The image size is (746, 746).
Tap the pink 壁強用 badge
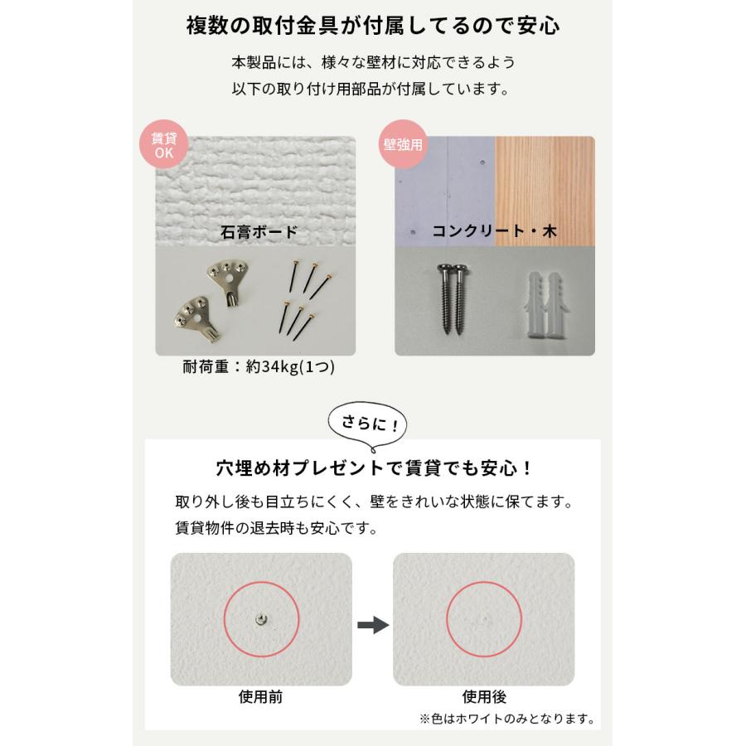tap(403, 143)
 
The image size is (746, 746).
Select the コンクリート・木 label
tap(494, 232)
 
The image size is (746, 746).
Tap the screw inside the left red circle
tap(260, 618)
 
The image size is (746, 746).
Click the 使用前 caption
tap(260, 697)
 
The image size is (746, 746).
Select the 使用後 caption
tap(483, 697)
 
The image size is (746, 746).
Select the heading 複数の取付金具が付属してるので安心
tap(372, 25)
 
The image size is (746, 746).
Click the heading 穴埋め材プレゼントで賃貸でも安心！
tap(372, 468)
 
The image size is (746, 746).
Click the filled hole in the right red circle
tap(483, 619)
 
